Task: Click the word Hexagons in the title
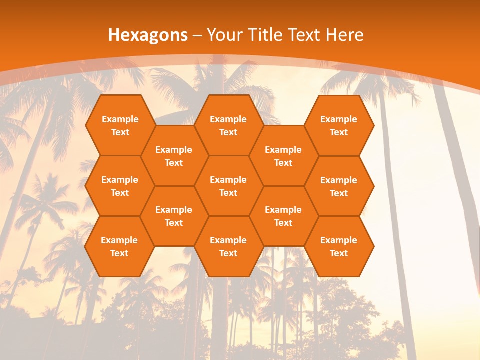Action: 148,35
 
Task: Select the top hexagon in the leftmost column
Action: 120,125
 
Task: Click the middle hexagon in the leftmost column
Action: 120,186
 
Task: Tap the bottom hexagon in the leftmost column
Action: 120,246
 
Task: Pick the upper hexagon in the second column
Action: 174,156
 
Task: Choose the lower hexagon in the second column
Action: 174,216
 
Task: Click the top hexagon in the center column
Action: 228,125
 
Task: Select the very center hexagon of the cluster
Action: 228,186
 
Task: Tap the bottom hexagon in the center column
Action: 228,246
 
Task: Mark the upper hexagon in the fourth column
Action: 283,156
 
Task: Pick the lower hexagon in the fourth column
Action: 283,216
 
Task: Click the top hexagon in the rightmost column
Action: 339,125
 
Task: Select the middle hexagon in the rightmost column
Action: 339,186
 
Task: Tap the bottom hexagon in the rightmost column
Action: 339,246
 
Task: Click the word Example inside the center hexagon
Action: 228,180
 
